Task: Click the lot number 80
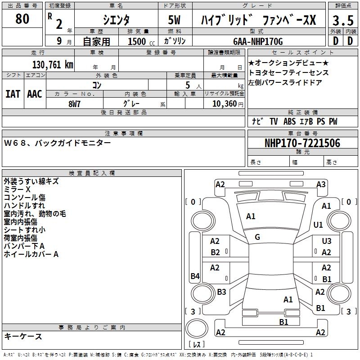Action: click(x=22, y=19)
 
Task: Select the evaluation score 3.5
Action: click(x=342, y=20)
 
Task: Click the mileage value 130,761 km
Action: click(x=53, y=65)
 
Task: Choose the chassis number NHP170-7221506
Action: click(x=302, y=144)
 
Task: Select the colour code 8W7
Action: click(x=75, y=103)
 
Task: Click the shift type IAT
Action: click(x=13, y=94)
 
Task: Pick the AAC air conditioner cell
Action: click(x=34, y=94)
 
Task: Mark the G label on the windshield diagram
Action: click(x=257, y=237)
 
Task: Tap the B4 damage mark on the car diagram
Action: click(x=195, y=276)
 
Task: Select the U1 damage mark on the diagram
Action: click(x=318, y=225)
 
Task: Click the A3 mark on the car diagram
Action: click(x=321, y=184)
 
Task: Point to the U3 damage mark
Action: click(x=326, y=242)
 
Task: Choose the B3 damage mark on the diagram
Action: click(x=221, y=292)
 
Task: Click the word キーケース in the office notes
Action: click(x=23, y=337)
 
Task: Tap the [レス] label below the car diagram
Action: click(x=197, y=345)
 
